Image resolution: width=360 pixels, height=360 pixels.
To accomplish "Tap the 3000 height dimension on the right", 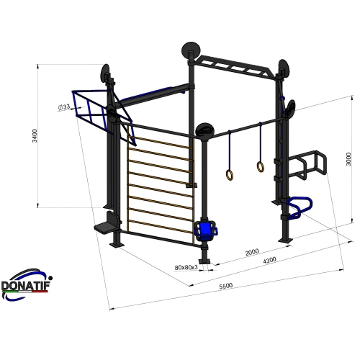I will click(x=348, y=158).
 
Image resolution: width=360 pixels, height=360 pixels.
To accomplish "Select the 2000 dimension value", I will click(x=251, y=252).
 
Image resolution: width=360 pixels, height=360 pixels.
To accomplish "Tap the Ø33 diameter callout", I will click(x=65, y=107).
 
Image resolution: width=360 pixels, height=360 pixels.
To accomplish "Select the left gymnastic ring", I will click(x=229, y=174).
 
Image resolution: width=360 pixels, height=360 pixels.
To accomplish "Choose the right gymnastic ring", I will click(x=260, y=167).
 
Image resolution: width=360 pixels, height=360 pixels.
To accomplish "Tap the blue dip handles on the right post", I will click(x=295, y=207).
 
